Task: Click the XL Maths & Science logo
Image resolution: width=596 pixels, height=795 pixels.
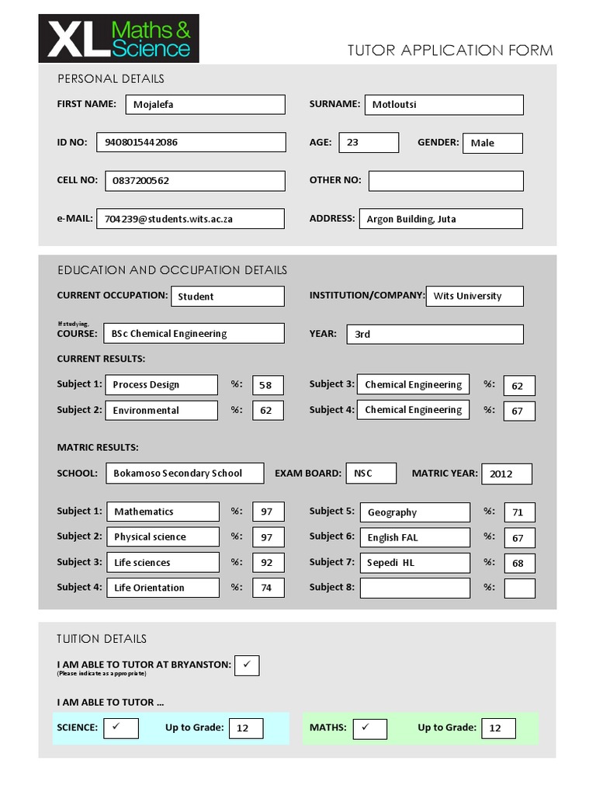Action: point(119,39)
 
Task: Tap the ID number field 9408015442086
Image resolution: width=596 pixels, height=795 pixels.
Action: point(190,142)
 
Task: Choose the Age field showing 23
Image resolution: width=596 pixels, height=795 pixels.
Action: point(369,142)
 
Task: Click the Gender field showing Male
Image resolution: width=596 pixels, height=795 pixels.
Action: point(492,143)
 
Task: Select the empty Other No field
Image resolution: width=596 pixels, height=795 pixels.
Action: point(445,181)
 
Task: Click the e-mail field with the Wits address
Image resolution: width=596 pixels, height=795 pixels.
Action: point(190,219)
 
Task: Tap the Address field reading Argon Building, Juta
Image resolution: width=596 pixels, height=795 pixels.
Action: point(440,219)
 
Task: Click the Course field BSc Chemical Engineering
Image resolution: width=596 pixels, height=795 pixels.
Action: point(193,334)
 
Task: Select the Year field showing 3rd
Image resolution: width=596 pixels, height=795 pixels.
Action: point(435,334)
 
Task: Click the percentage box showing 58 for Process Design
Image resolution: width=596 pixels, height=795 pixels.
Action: point(268,385)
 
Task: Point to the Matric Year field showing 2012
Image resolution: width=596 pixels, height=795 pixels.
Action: point(506,474)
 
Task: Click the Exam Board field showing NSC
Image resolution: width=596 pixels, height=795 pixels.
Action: point(371,473)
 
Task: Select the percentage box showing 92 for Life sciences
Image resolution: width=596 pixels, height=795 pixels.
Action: point(268,562)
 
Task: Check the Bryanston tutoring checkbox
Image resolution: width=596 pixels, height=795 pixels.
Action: point(247,665)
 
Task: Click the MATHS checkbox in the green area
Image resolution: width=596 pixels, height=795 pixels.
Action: point(369,728)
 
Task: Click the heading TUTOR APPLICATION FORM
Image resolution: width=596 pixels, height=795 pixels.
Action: point(450,50)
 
